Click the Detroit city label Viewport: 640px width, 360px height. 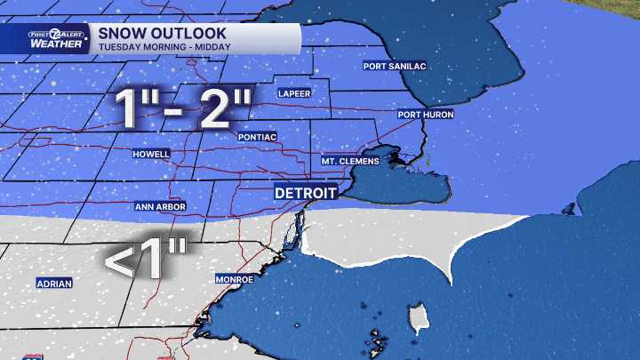click(305, 193)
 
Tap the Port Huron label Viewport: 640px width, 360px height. click(425, 115)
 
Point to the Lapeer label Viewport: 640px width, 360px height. click(293, 93)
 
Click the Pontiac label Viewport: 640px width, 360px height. click(258, 137)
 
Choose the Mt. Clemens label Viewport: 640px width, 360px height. click(350, 161)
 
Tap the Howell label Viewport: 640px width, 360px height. click(150, 154)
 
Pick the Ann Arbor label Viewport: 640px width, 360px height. click(159, 206)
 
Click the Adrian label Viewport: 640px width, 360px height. click(54, 284)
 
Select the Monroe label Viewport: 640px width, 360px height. click(235, 279)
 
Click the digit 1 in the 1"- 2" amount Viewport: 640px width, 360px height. click(131, 109)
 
